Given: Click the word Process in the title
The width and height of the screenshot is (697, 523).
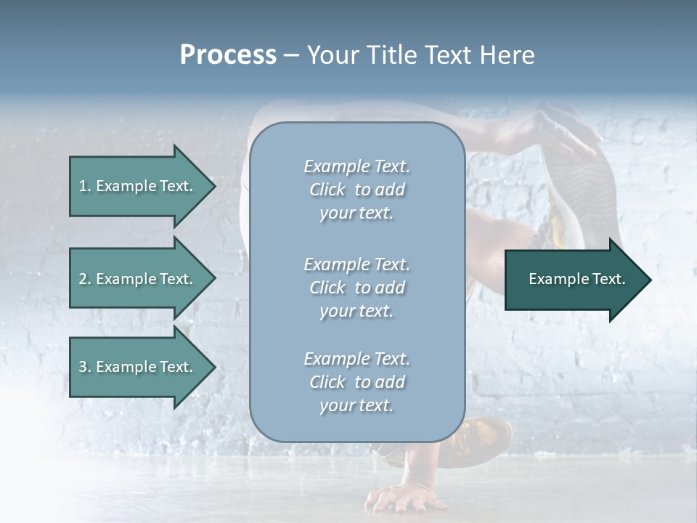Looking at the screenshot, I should click(228, 55).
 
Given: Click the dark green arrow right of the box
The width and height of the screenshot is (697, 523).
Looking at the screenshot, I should click(574, 279).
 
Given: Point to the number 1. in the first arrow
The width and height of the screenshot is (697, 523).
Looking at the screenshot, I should click(84, 186).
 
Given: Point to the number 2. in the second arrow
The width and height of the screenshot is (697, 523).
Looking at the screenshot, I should click(84, 279).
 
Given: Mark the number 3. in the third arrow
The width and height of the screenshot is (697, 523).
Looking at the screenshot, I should click(84, 367).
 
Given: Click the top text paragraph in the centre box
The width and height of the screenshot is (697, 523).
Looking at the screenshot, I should click(356, 190).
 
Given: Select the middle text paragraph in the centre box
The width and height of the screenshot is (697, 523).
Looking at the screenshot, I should click(356, 288).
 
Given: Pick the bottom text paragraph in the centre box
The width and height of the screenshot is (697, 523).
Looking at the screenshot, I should click(356, 382).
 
